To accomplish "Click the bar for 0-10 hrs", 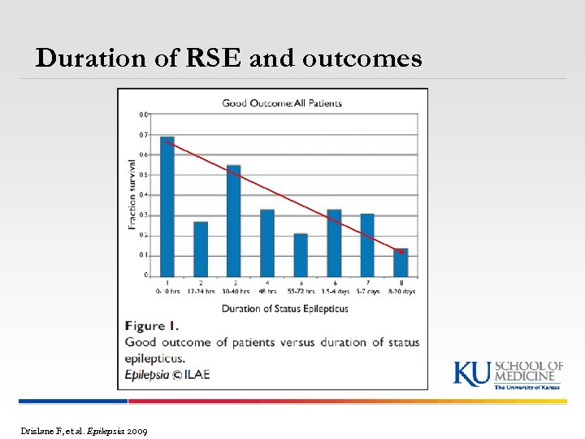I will (x=167, y=206).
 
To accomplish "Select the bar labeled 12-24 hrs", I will (x=201, y=249).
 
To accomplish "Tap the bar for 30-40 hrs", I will (x=234, y=220).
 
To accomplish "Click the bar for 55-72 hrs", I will (x=301, y=254).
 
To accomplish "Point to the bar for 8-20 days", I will (x=401, y=262).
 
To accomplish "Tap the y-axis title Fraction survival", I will (x=132, y=193).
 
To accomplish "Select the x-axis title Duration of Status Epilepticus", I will (x=284, y=308).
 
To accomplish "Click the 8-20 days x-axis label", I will (x=401, y=291).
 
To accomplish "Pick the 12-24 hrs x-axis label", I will (x=201, y=291).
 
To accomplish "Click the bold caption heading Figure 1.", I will (x=156, y=326).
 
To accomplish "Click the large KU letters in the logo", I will (x=472, y=374).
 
